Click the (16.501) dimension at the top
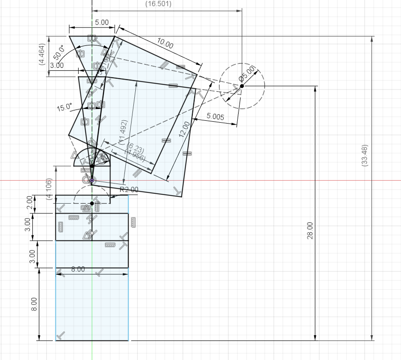click(x=159, y=4)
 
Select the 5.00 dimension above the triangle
click(x=102, y=22)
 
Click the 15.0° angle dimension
click(x=65, y=108)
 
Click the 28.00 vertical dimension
click(x=310, y=231)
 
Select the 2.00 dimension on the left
click(x=30, y=203)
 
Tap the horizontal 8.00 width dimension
click(x=78, y=269)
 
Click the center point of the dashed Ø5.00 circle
click(x=242, y=86)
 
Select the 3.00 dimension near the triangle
click(x=57, y=66)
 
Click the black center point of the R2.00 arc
click(x=92, y=203)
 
